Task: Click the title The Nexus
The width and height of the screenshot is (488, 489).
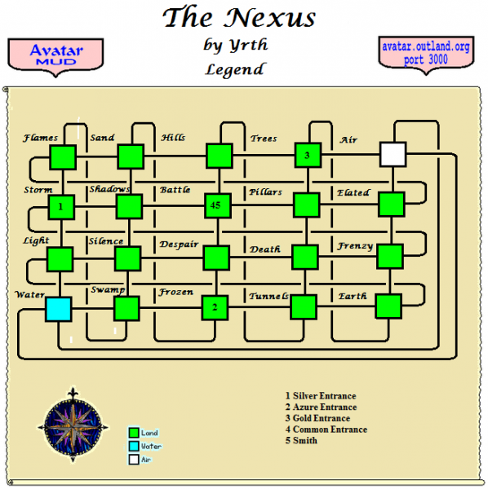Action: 238,17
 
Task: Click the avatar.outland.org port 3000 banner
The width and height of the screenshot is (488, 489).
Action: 425,55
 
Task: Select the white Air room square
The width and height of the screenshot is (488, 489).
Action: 393,153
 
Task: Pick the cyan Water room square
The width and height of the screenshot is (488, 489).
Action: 59,309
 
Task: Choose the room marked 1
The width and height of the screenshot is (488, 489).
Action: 61,207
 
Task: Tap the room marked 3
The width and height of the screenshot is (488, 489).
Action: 306,154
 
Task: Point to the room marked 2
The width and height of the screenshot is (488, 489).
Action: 214,307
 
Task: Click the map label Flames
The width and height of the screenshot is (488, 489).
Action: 40,138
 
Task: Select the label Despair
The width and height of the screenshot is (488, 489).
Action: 179,244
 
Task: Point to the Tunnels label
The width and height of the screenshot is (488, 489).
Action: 268,295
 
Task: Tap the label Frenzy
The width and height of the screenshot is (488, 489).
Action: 356,245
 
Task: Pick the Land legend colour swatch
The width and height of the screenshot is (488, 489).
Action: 133,433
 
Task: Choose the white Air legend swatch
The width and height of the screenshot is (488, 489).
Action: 133,460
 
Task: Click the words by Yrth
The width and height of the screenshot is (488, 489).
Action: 235,44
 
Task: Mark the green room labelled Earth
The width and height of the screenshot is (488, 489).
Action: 389,306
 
